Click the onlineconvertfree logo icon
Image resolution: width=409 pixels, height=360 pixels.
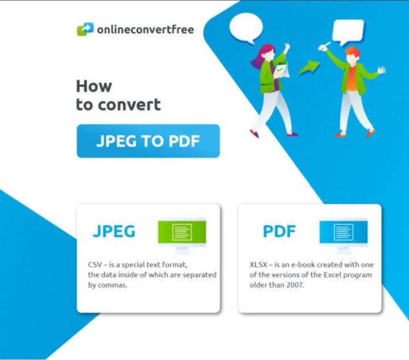click(85, 28)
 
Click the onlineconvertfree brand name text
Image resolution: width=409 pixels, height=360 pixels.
click(145, 29)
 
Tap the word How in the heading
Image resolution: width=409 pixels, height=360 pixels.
click(93, 86)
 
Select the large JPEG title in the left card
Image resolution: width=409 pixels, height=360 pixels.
click(113, 231)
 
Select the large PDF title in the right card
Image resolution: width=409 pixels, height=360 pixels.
click(280, 231)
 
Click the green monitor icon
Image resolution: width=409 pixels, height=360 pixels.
click(182, 233)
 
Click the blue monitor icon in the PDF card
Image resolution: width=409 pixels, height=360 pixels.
click(343, 233)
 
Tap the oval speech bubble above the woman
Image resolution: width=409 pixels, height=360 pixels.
click(245, 28)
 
